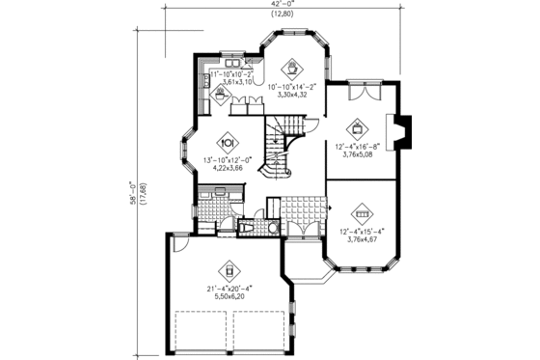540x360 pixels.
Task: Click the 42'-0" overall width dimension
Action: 280,5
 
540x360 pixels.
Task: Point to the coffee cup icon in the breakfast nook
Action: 291,69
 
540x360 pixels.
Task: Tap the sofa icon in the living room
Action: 363,212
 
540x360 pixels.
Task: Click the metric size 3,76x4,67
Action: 363,236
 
